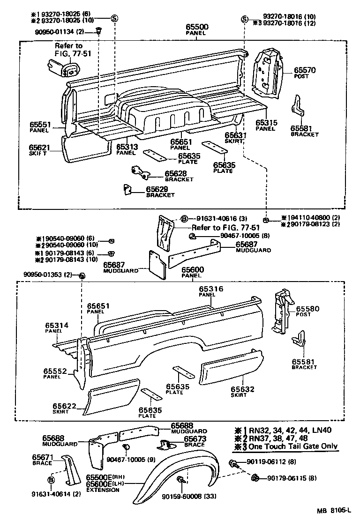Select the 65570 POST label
point(304,73)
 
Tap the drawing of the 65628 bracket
point(141,173)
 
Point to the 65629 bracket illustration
point(127,189)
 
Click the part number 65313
point(127,147)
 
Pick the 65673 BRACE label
point(195,441)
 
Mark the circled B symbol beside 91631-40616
point(184,219)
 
